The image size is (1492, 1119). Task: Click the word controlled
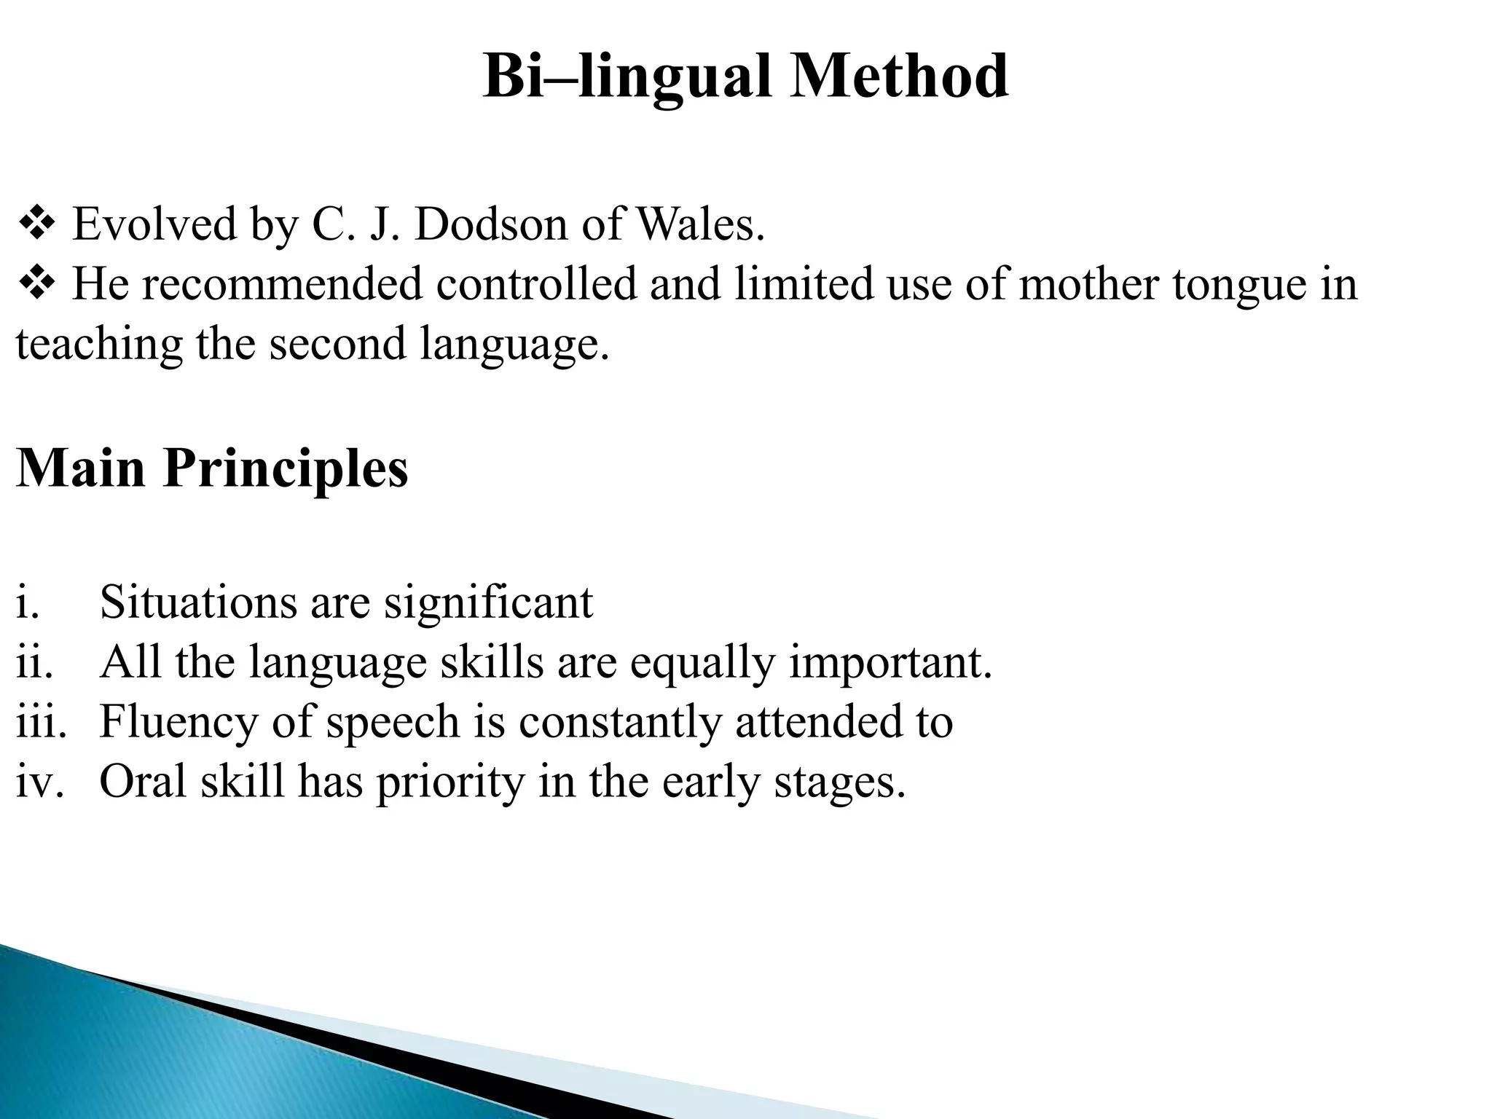point(537,284)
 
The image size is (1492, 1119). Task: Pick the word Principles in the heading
point(286,468)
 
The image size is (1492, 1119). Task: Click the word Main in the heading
point(81,468)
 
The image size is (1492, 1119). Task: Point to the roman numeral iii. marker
point(41,722)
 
